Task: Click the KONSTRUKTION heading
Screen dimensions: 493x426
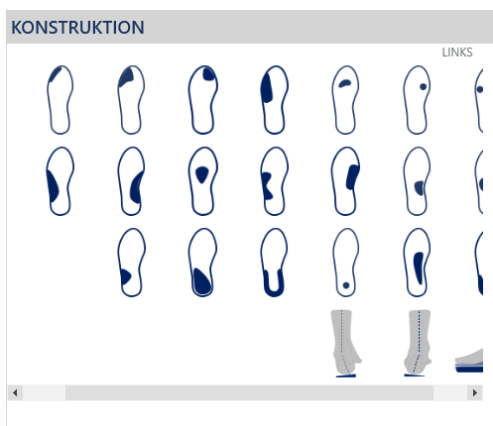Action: pyautogui.click(x=77, y=28)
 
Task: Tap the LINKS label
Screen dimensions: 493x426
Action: pyautogui.click(x=457, y=53)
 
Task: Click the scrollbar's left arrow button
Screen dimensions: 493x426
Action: pyautogui.click(x=15, y=392)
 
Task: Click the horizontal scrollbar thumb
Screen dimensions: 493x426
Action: pyautogui.click(x=249, y=392)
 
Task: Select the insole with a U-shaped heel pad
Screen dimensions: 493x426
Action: pyautogui.click(x=274, y=263)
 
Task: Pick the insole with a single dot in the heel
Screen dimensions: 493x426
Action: pyautogui.click(x=345, y=263)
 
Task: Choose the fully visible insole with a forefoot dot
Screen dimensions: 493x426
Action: pyautogui.click(x=417, y=100)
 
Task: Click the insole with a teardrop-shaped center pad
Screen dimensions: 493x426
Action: pyautogui.click(x=202, y=181)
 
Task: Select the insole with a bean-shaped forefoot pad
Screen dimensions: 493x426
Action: pyautogui.click(x=345, y=100)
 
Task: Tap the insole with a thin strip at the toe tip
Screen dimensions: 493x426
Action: pyautogui.click(x=60, y=100)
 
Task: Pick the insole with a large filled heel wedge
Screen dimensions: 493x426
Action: pyautogui.click(x=202, y=263)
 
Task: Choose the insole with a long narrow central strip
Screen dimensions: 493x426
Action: pyautogui.click(x=417, y=263)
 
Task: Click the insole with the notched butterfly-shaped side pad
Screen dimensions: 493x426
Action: pyautogui.click(x=274, y=181)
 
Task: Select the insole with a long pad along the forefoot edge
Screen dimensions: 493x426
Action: pyautogui.click(x=274, y=100)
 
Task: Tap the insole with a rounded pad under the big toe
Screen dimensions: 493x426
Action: pyautogui.click(x=202, y=100)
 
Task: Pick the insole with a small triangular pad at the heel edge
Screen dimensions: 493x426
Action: pyautogui.click(x=131, y=263)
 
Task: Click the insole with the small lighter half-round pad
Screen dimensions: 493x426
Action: pyautogui.click(x=417, y=181)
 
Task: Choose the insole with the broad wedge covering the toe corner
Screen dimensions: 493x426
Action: pyautogui.click(x=131, y=100)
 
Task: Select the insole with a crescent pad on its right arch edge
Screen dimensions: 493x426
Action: pyautogui.click(x=131, y=181)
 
